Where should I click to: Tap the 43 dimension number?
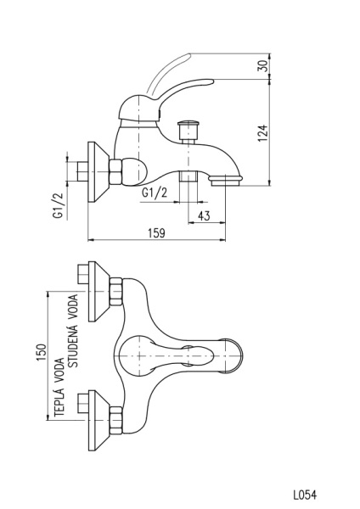point(204,215)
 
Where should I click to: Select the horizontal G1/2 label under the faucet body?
point(155,193)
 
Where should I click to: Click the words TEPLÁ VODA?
point(59,389)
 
